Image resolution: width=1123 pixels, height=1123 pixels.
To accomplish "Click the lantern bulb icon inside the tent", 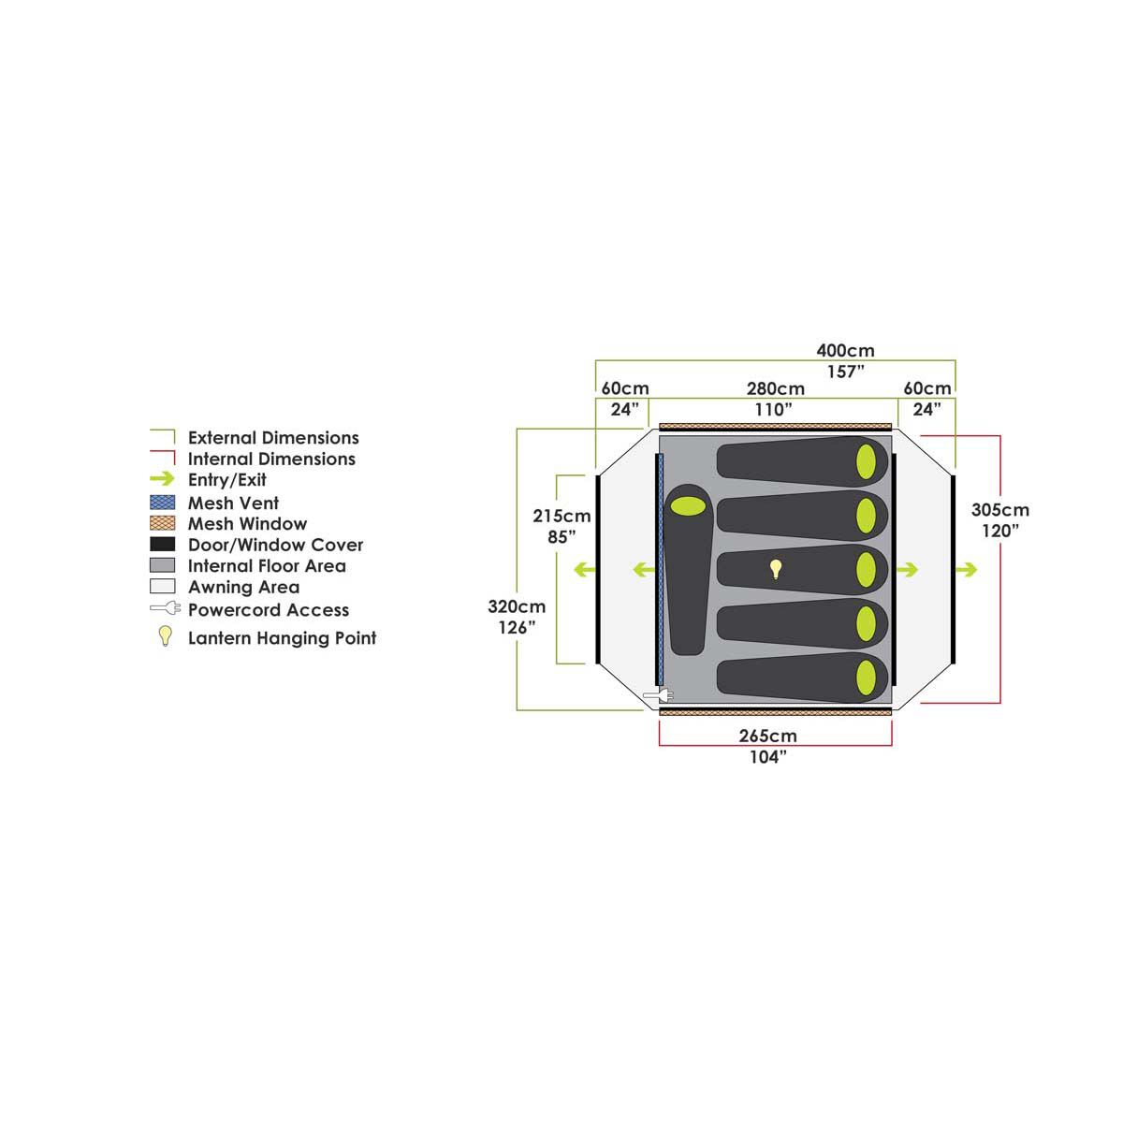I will [x=775, y=568].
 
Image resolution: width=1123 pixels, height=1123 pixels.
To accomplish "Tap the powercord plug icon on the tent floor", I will [x=659, y=694].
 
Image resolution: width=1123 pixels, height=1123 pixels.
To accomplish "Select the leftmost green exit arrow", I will [x=586, y=569].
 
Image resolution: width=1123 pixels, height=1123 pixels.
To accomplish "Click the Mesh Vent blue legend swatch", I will [x=162, y=503].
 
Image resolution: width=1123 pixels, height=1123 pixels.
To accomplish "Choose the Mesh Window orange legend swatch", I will [x=162, y=523].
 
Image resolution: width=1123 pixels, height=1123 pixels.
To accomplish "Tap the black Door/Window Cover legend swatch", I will [x=162, y=545].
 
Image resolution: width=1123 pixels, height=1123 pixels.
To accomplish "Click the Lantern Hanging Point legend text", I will [x=282, y=638].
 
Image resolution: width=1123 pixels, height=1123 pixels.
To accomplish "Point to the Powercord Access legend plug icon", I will [x=164, y=609].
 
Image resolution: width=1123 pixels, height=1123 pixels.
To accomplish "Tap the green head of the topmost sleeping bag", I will [x=868, y=460].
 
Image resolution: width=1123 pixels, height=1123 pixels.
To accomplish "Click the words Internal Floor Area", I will [x=267, y=566].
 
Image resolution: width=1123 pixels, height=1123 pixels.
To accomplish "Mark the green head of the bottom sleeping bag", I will [x=868, y=675].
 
